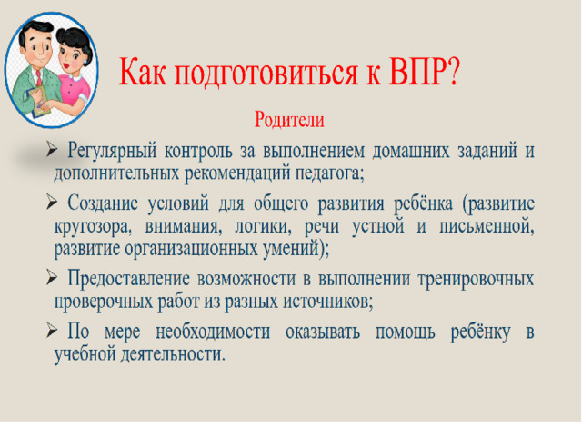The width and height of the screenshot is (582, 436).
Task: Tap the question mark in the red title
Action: [453, 72]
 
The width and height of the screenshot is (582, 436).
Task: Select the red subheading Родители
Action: [289, 120]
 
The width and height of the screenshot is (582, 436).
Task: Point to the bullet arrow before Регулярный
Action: [52, 150]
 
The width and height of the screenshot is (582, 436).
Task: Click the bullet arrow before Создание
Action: [52, 203]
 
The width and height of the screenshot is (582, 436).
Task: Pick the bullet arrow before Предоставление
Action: [52, 277]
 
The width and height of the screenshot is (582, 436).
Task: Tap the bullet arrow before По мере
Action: [52, 330]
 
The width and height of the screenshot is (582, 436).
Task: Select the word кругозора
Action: [93, 227]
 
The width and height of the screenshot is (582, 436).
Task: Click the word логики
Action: [263, 226]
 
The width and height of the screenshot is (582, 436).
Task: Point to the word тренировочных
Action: [476, 279]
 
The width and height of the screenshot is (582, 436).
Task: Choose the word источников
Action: [328, 302]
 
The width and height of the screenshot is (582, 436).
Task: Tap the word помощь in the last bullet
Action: [405, 332]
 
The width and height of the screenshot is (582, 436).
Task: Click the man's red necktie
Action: [39, 78]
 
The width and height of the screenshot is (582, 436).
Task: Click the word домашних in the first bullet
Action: [411, 151]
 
